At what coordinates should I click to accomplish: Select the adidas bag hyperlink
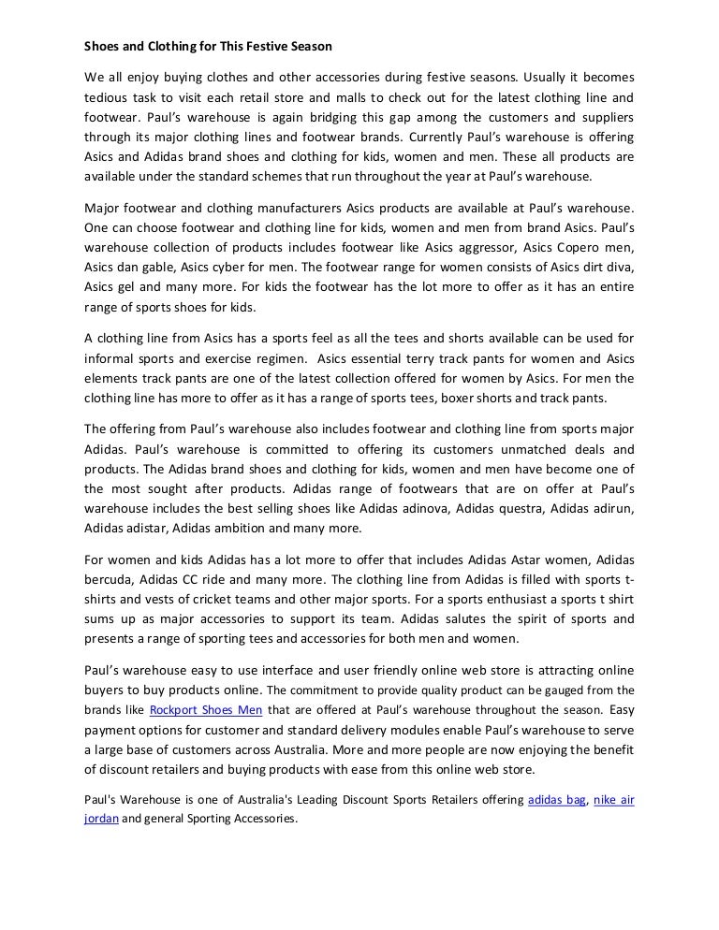[x=556, y=800]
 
